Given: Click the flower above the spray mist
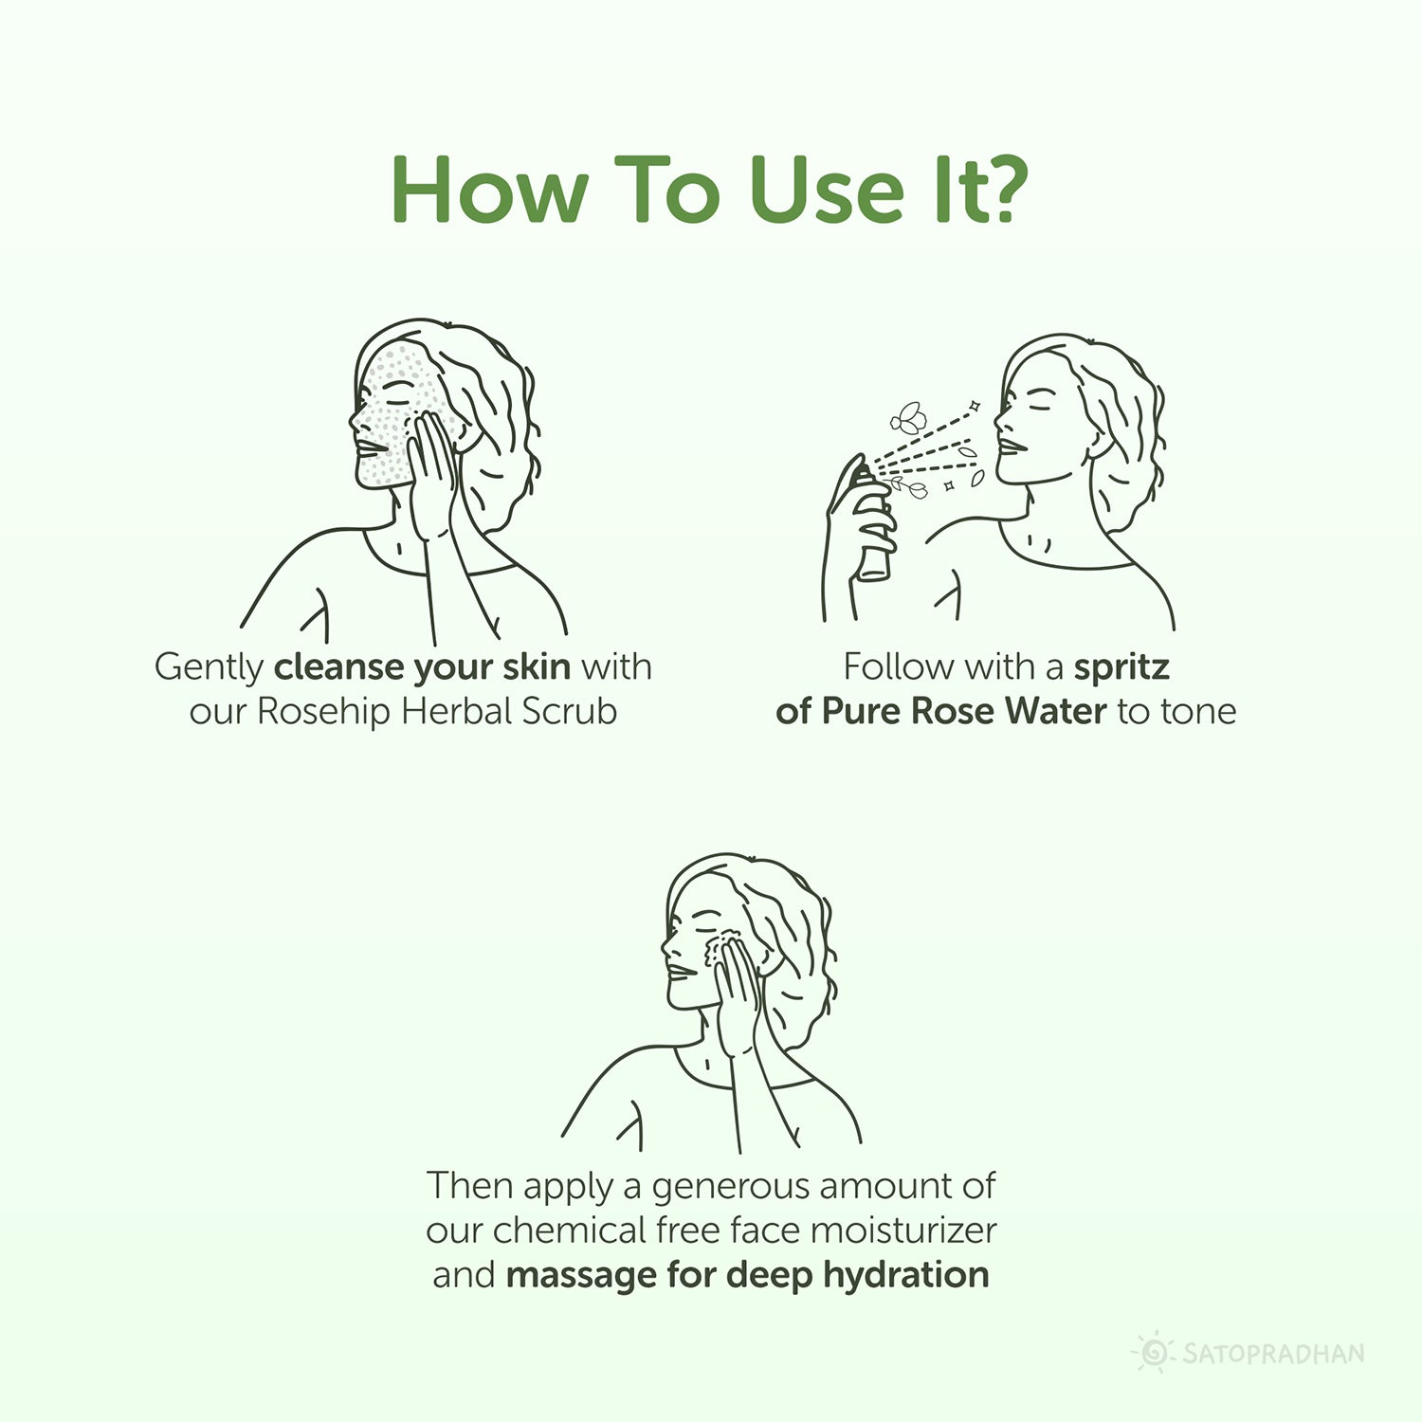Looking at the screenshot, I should click(908, 417).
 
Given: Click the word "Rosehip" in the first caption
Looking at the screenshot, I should click(325, 711).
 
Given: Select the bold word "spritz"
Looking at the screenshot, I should click(1121, 666).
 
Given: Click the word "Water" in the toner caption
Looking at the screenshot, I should click(1055, 711).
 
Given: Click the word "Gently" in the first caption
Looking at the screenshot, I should click(209, 667).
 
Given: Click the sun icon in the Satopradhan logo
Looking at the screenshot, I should click(1153, 1352).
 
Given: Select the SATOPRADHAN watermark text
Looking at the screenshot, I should click(1273, 1353).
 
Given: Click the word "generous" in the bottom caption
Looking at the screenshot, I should click(730, 1187).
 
